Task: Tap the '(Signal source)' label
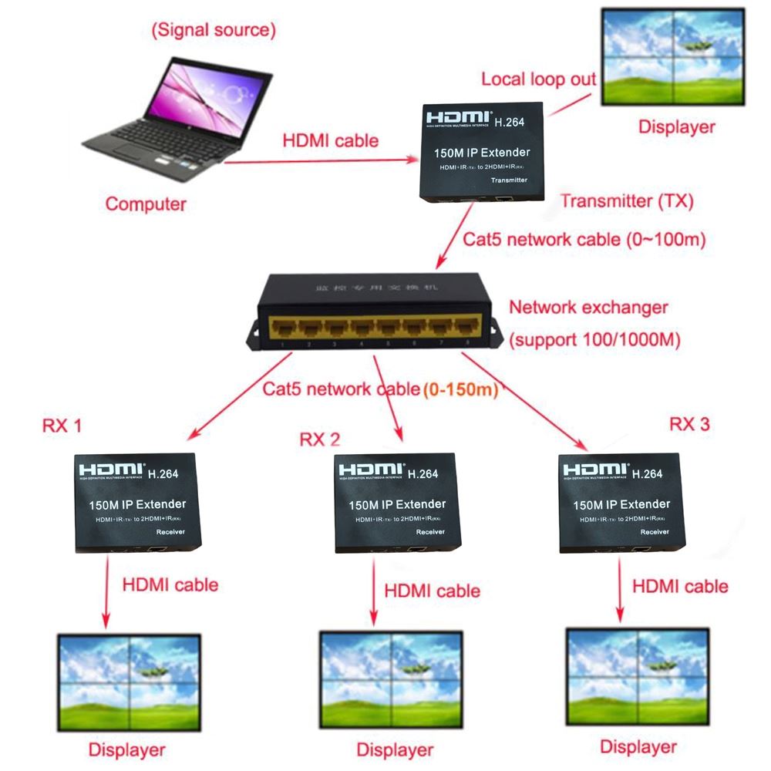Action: click(214, 31)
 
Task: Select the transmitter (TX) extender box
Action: click(483, 152)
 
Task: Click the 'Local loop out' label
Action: click(539, 79)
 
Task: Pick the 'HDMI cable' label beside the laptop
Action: click(331, 140)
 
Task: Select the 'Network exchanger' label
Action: click(588, 307)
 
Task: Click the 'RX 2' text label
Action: click(319, 439)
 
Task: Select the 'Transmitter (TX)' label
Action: click(627, 201)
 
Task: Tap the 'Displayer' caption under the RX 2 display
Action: click(394, 749)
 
